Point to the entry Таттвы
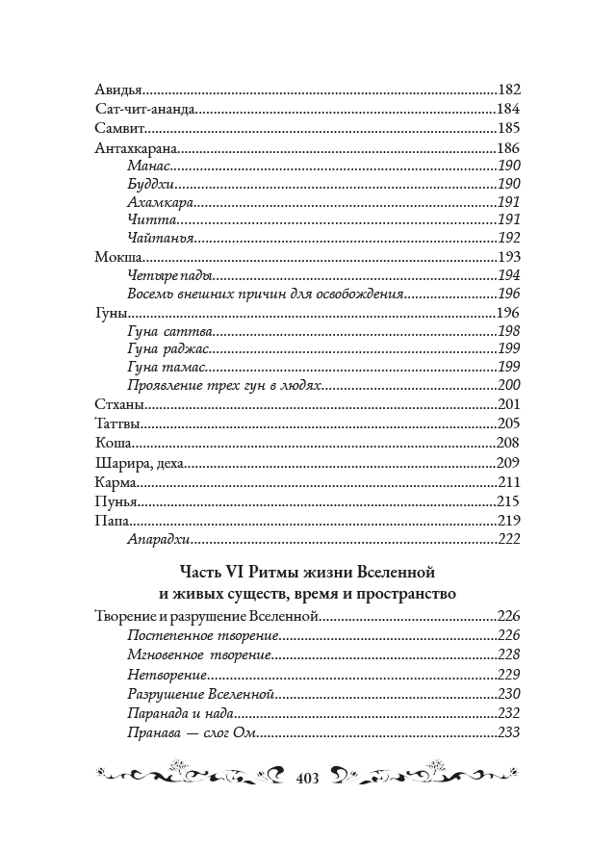[121, 423]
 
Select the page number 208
[508, 443]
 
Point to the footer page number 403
[308, 777]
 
